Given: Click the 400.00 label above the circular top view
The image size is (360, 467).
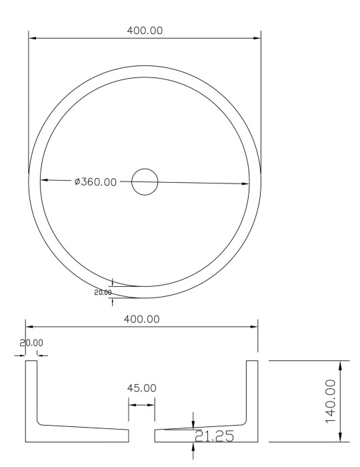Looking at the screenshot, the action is [x=145, y=31].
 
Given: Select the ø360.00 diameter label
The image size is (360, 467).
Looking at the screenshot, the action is [x=95, y=181].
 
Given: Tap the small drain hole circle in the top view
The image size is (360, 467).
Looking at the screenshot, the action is [x=145, y=182].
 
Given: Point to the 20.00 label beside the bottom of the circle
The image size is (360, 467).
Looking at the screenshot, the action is [x=103, y=292].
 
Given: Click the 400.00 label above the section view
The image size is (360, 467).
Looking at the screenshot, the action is [x=141, y=319].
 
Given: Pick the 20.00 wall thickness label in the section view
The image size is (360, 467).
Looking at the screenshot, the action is [x=31, y=343].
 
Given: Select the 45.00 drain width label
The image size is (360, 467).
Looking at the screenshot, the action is [x=141, y=388].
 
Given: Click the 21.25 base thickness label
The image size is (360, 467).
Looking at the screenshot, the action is [x=214, y=436].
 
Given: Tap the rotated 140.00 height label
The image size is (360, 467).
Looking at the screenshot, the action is [x=331, y=401].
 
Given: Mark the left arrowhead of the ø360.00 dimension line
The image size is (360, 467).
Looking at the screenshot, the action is [x=44, y=180].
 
